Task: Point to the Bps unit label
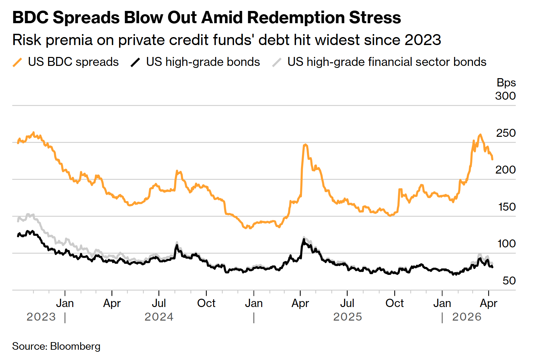[506, 82]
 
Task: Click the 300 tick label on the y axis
[505, 96]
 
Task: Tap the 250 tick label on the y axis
[505, 133]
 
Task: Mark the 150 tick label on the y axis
[507, 207]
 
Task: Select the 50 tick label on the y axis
[509, 281]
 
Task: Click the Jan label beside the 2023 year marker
[65, 303]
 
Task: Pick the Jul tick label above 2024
[159, 303]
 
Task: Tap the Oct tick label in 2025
[394, 303]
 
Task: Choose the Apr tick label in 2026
[489, 303]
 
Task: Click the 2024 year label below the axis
[159, 317]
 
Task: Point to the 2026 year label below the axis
[467, 317]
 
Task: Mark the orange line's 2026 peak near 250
[480, 134]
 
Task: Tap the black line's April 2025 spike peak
[303, 239]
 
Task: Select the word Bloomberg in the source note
[75, 346]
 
